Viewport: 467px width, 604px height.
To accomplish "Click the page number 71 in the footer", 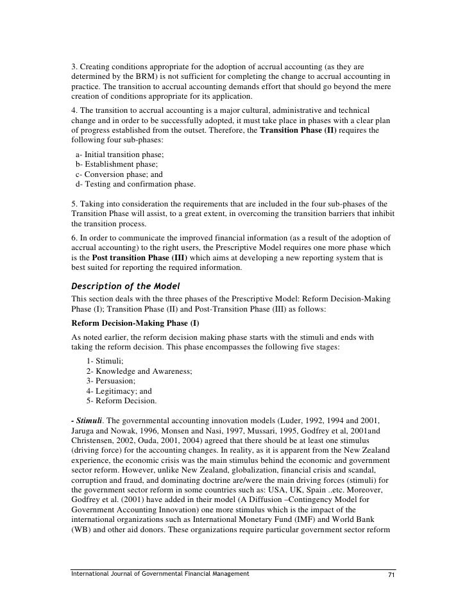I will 390,574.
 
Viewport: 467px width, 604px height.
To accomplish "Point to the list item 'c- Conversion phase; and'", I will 119,174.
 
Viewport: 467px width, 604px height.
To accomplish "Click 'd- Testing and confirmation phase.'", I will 135,185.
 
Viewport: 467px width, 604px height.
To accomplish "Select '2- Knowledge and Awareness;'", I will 139,372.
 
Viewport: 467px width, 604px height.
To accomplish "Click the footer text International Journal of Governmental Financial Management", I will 160,574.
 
